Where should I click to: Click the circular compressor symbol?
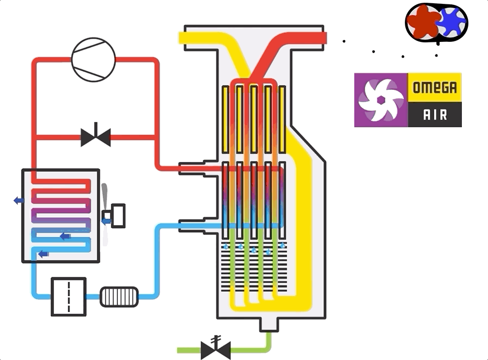(x=93, y=60)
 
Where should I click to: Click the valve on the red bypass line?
(x=96, y=136)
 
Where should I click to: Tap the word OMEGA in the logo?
(x=435, y=88)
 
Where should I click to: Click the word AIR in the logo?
(x=435, y=115)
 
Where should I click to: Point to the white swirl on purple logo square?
(x=380, y=100)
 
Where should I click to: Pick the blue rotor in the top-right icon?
(x=451, y=22)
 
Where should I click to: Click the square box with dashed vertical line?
(x=68, y=297)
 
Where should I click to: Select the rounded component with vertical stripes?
(x=119, y=297)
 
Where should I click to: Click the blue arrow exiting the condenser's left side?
(x=18, y=200)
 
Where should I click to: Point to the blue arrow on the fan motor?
(x=106, y=221)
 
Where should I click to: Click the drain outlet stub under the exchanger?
(x=269, y=325)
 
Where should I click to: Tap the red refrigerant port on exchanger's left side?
(x=191, y=169)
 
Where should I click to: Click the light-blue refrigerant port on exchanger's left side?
(x=191, y=226)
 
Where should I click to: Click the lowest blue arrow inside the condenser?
(x=43, y=254)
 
